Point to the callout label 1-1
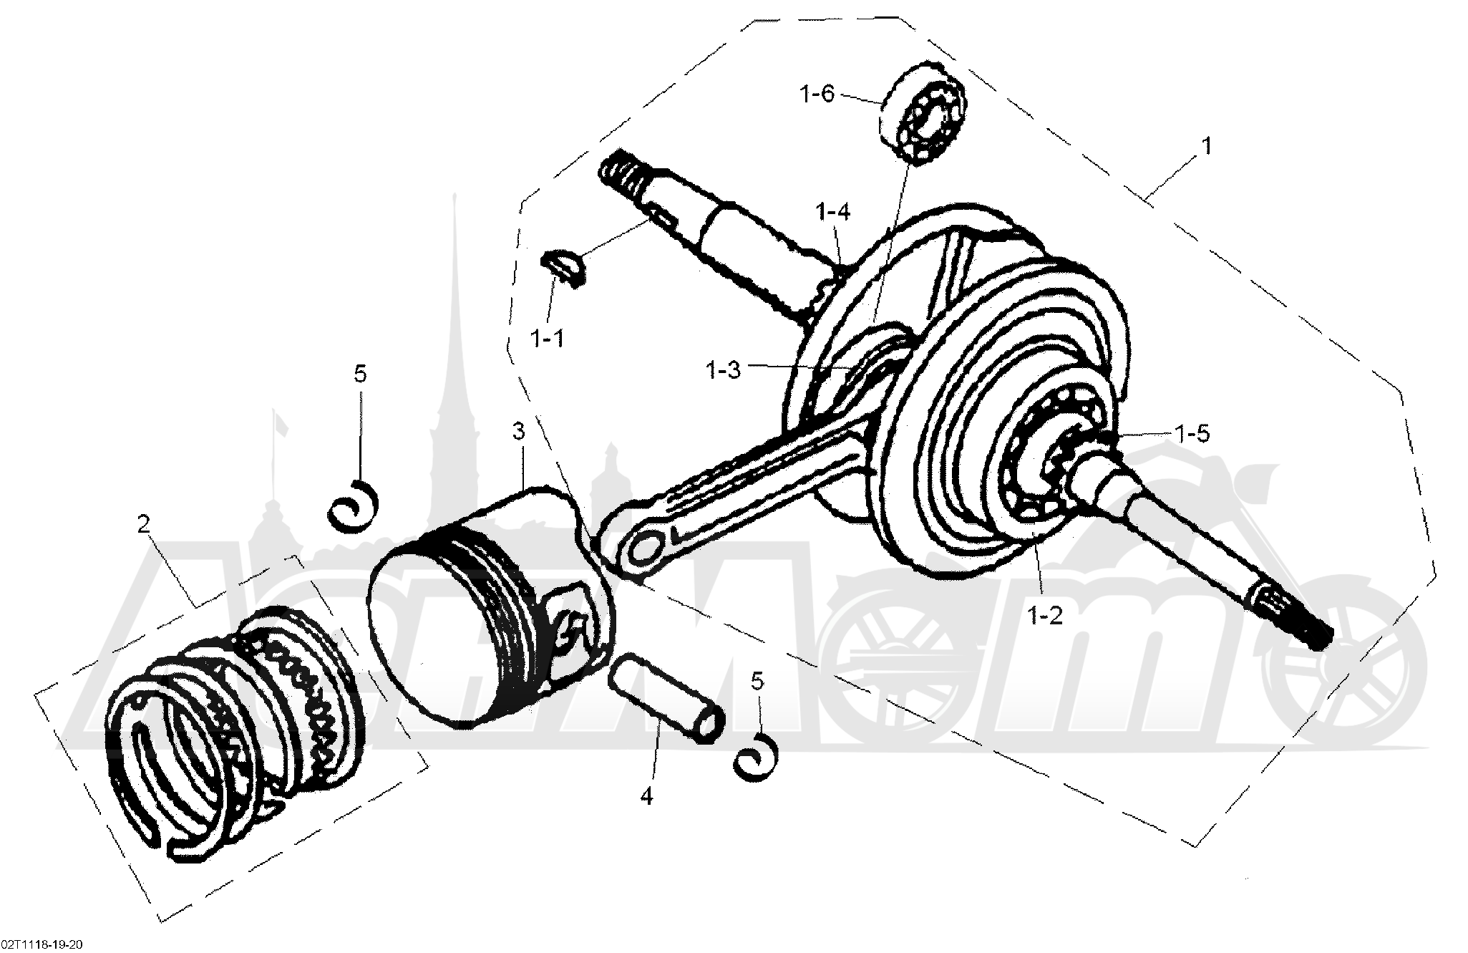[547, 338]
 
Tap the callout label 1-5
[1191, 433]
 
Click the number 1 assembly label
[1207, 146]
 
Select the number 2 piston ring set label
[143, 525]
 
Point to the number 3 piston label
[518, 432]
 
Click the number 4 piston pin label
[646, 795]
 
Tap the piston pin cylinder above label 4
[666, 697]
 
